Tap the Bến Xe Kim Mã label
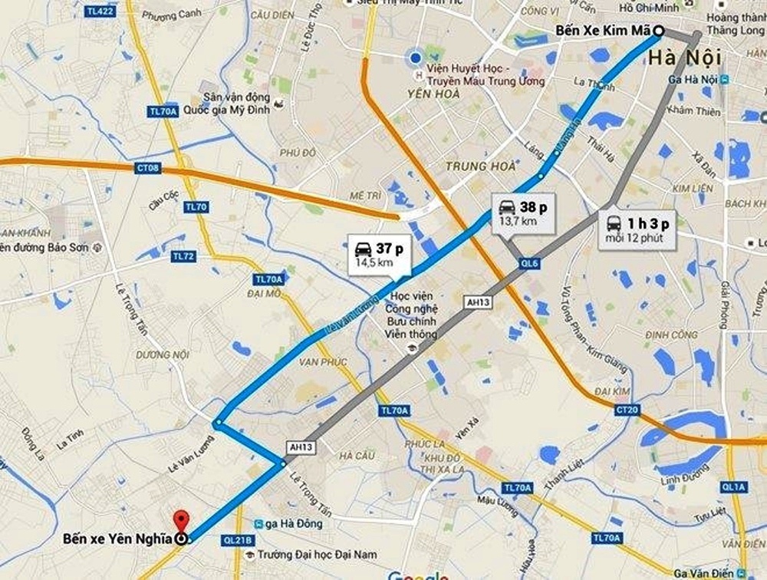(x=604, y=31)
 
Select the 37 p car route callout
(x=379, y=254)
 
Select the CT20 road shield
(x=627, y=411)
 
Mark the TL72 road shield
(x=183, y=255)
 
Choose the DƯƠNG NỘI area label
(x=162, y=354)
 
